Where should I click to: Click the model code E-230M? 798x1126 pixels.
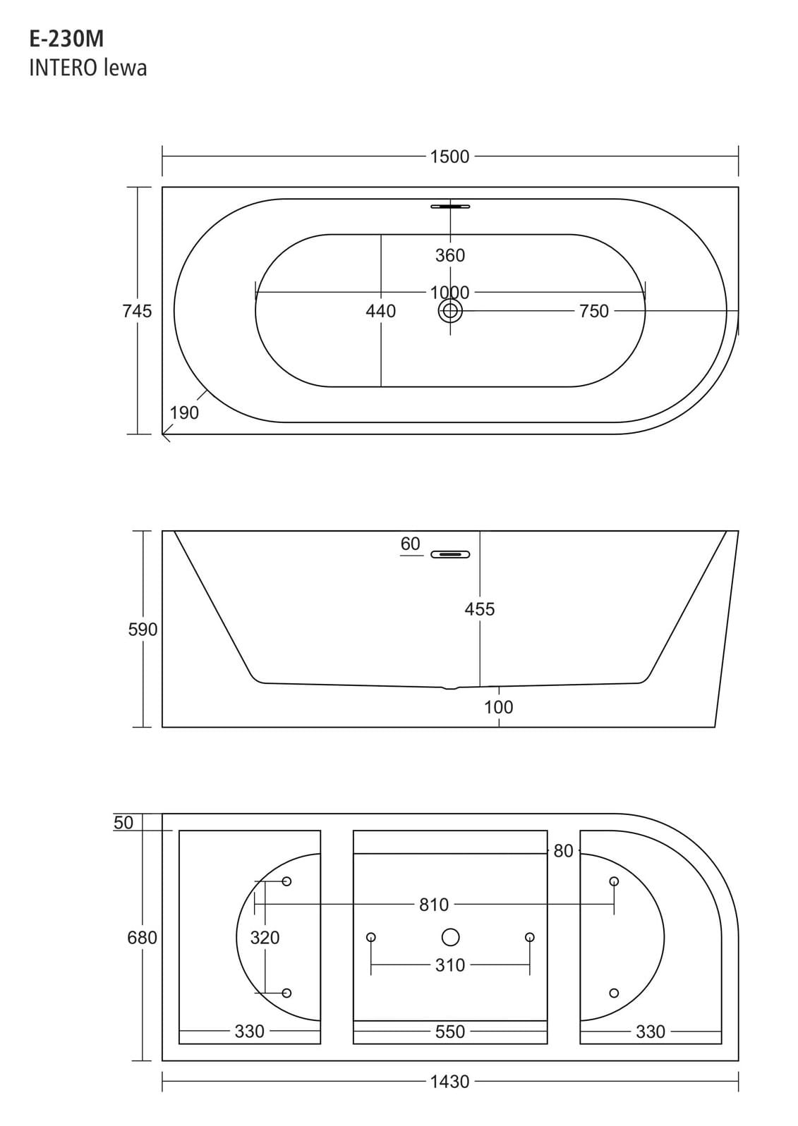click(66, 39)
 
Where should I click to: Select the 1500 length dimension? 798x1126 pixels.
click(450, 157)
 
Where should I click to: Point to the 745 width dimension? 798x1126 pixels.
click(137, 311)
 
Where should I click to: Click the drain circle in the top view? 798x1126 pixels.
click(450, 311)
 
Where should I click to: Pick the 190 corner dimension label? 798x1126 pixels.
click(184, 412)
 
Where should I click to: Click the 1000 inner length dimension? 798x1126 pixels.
click(450, 292)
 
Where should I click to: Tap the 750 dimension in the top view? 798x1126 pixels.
click(593, 311)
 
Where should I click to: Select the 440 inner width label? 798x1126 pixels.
click(381, 311)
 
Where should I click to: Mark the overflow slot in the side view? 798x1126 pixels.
click(450, 554)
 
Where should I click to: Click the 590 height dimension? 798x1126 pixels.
click(143, 629)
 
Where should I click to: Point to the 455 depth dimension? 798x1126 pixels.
click(480, 608)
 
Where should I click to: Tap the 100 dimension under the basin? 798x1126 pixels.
click(499, 706)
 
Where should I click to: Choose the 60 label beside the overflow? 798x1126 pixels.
click(410, 544)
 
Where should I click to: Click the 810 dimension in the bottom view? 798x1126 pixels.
click(434, 905)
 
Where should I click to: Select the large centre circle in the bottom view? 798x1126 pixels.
click(450, 937)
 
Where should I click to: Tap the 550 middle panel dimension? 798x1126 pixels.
click(450, 1032)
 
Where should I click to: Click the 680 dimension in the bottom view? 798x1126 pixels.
click(143, 937)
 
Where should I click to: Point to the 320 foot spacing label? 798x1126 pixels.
click(265, 937)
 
